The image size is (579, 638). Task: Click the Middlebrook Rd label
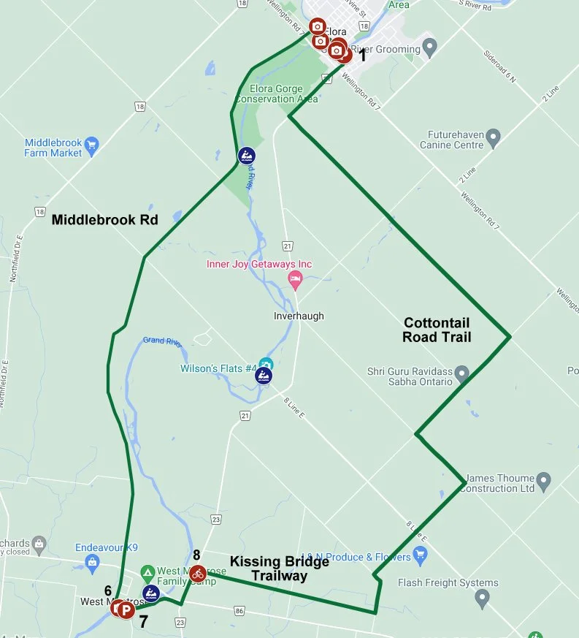105,219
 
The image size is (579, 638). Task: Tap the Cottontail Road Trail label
437,330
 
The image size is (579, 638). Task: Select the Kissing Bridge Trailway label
279,569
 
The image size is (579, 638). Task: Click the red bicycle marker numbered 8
197,574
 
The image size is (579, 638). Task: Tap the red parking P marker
126,610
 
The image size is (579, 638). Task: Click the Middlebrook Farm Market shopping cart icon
91,145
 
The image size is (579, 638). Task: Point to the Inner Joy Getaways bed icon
295,278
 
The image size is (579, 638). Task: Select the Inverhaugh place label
298,316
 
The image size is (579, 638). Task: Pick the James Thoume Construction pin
543,482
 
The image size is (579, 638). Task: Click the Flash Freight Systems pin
481,599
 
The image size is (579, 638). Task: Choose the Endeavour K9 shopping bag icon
91,562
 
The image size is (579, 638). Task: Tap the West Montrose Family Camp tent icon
147,571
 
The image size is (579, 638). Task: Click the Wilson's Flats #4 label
218,368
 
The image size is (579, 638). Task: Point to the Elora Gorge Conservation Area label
276,94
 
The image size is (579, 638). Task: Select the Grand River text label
164,341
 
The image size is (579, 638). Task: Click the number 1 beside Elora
361,55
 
